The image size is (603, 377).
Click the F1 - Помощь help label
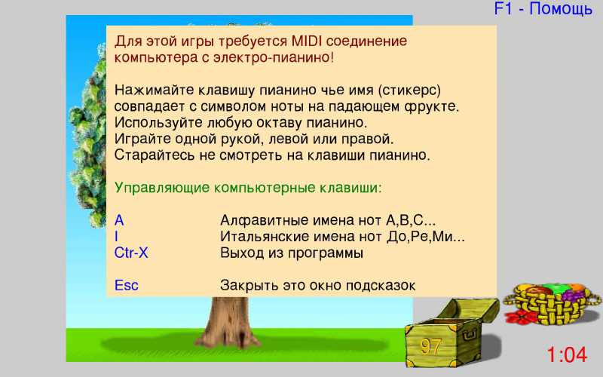(x=543, y=8)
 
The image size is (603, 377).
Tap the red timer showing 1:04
(x=567, y=354)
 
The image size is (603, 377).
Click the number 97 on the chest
(x=430, y=346)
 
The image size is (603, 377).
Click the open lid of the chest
(x=467, y=310)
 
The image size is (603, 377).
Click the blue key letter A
(x=119, y=220)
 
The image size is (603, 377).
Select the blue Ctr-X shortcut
(x=131, y=253)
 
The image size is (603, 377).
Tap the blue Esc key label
(x=126, y=286)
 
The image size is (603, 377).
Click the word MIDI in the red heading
(x=307, y=41)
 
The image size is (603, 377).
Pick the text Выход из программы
(x=292, y=253)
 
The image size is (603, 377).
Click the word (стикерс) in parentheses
(x=409, y=90)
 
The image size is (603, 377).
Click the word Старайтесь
(x=155, y=155)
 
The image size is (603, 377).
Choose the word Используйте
(x=159, y=123)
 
